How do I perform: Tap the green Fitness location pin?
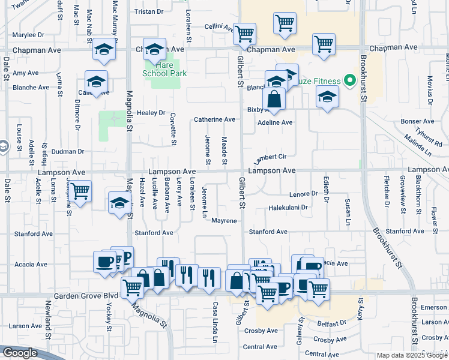(x=348, y=81)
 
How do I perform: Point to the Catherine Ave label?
(x=214, y=120)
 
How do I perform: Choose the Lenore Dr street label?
(x=303, y=194)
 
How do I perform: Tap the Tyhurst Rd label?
(x=430, y=139)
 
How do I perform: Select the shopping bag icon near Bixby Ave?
(x=274, y=100)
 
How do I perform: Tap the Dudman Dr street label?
(x=67, y=152)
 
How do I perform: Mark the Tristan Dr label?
(x=145, y=11)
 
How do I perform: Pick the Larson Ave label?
(x=25, y=326)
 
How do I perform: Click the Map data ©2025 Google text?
(x=411, y=355)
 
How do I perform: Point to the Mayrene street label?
(x=224, y=221)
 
